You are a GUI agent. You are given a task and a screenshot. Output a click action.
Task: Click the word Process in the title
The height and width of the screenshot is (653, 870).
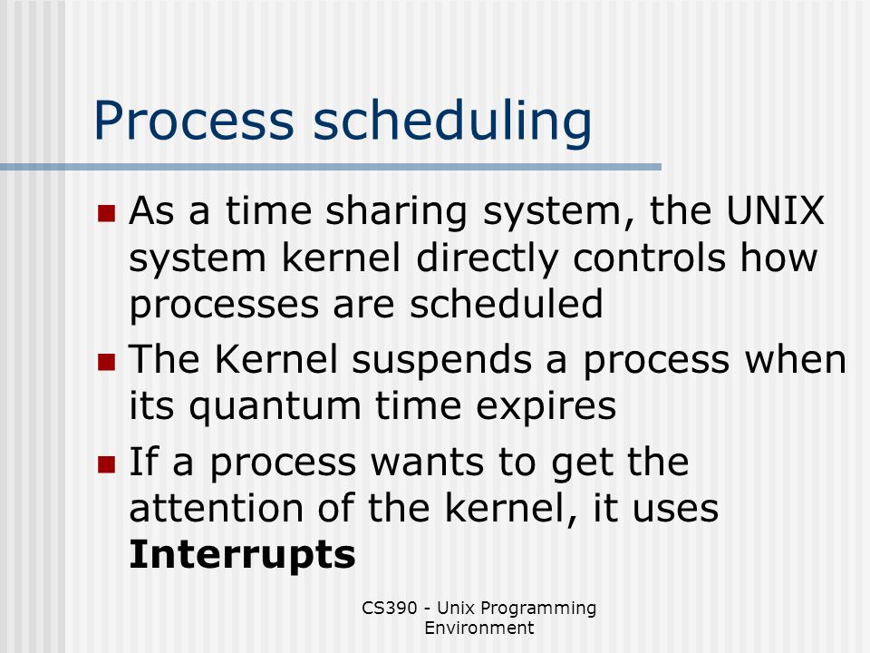[x=194, y=120]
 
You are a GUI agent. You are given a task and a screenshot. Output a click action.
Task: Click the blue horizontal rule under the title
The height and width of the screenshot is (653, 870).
[x=331, y=167]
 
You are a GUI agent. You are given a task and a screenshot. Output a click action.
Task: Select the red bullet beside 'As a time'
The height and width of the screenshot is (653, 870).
[x=106, y=213]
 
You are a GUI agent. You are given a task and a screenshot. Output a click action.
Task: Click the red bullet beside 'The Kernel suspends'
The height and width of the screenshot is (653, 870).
[x=106, y=362]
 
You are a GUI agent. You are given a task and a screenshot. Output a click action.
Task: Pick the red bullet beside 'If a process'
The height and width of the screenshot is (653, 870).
[x=106, y=464]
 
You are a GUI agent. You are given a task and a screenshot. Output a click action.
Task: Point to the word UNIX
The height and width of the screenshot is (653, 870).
[x=775, y=210]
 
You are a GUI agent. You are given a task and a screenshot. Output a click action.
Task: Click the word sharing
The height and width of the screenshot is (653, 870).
[x=396, y=212]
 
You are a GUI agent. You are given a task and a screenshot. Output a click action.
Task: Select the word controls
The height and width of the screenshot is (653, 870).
[x=649, y=258]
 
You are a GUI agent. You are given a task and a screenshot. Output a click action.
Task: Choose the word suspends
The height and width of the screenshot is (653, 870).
[x=441, y=361]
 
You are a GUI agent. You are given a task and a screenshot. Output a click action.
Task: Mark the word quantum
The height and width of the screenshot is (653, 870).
[x=275, y=407]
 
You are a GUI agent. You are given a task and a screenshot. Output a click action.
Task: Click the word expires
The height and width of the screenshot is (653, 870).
[x=546, y=407]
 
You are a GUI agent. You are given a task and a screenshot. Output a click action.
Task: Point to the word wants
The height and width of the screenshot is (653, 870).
[x=427, y=463]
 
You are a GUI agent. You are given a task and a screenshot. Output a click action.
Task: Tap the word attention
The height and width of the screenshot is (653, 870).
[x=217, y=508]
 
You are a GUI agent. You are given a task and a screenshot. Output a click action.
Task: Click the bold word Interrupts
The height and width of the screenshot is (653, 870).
[x=243, y=555]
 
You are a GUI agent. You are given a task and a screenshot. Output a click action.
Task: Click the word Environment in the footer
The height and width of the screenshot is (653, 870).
[x=478, y=628]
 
